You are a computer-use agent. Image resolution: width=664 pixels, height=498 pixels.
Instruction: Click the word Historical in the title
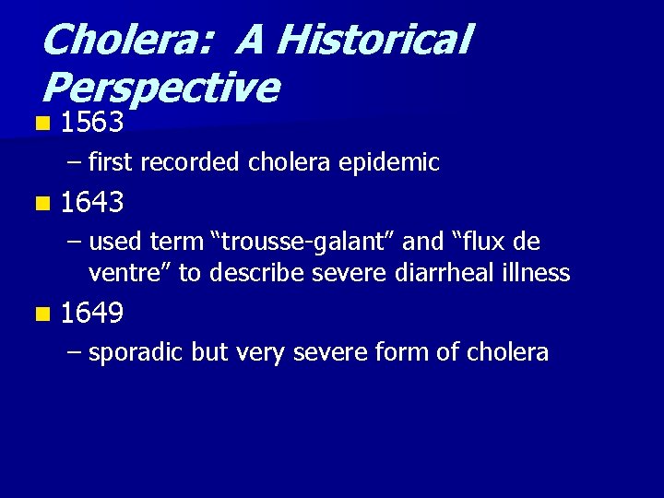pos(374,40)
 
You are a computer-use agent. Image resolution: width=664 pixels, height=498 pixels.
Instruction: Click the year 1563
pos(92,123)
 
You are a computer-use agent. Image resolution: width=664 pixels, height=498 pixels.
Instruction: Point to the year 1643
pos(92,201)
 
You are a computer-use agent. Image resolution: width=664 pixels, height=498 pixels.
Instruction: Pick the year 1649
pos(92,314)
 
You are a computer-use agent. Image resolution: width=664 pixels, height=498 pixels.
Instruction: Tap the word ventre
pos(127,274)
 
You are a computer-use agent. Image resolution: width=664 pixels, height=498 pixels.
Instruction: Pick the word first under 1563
pos(110,163)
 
